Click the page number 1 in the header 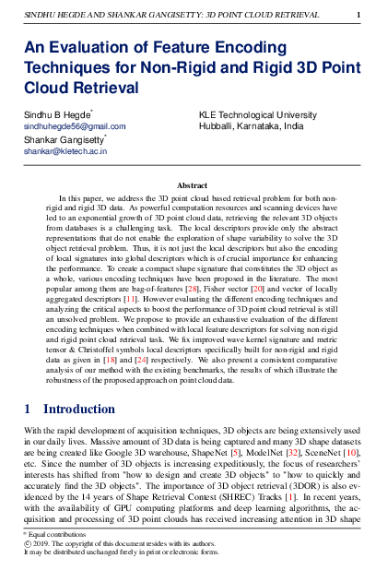(x=358, y=14)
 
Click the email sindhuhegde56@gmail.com (x=75, y=125)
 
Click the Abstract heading (x=192, y=185)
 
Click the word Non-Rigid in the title (x=207, y=68)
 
